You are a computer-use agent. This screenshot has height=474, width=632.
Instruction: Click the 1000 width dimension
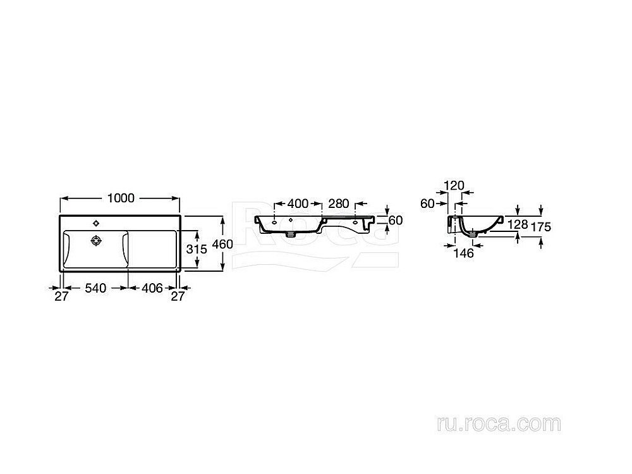click(x=121, y=198)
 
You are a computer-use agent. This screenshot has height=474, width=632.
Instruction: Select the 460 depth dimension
click(x=222, y=244)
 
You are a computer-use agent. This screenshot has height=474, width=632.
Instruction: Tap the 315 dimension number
click(x=197, y=249)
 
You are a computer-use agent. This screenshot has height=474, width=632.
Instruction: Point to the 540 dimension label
click(x=95, y=288)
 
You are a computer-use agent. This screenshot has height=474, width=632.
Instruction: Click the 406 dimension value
click(x=152, y=288)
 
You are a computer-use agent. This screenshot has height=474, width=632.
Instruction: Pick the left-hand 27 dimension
click(x=62, y=296)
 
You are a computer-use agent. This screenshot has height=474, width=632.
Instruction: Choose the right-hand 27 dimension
click(x=178, y=296)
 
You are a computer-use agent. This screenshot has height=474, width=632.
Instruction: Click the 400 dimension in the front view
click(x=298, y=204)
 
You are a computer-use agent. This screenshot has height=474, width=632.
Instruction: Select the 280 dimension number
click(x=339, y=204)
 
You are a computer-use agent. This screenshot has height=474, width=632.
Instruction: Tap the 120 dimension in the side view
click(x=454, y=185)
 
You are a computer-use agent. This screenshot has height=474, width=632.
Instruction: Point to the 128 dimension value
click(x=518, y=224)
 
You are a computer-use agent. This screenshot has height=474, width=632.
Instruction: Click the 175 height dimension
click(x=541, y=227)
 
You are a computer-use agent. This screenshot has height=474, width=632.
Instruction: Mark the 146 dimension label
click(x=463, y=253)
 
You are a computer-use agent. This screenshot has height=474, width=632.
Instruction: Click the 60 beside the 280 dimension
click(x=396, y=220)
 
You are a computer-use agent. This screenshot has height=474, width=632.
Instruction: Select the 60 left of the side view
click(x=427, y=204)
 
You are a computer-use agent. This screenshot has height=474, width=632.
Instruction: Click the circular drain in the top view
click(x=96, y=241)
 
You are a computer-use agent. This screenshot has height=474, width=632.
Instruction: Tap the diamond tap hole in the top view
click(x=96, y=223)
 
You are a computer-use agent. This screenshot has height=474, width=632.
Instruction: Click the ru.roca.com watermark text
click(x=499, y=423)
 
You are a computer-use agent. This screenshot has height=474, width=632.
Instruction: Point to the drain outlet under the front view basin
click(x=290, y=233)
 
